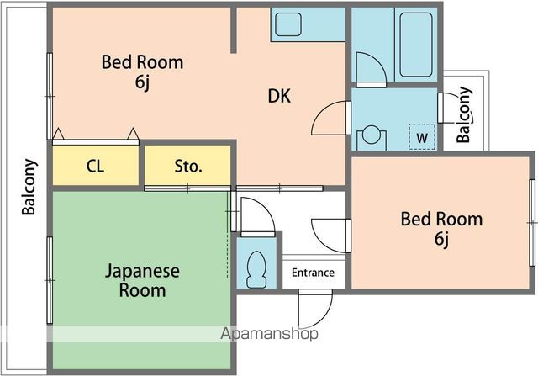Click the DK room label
point(279,97)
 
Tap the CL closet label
point(95,166)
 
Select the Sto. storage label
point(188,166)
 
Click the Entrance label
point(313,273)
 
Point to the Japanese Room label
point(142,281)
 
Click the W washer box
point(422,136)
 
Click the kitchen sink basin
point(287,24)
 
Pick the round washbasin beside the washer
point(370,135)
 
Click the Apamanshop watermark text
point(269,334)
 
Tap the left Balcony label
point(29,187)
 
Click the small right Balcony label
point(464,115)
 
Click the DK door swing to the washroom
point(330,119)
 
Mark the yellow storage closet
point(188,165)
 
